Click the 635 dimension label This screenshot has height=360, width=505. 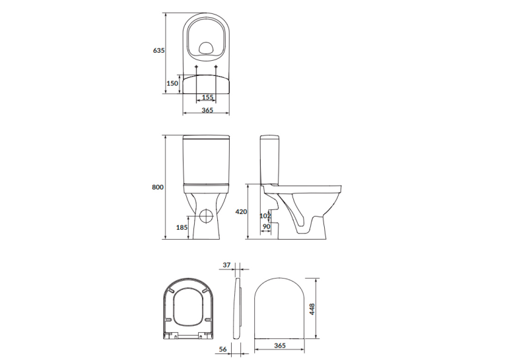(x=159, y=50)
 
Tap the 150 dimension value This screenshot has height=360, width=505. (x=172, y=83)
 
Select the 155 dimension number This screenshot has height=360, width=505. (x=207, y=97)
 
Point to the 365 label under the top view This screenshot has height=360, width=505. (x=207, y=110)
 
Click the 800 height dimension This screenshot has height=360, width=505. (x=158, y=187)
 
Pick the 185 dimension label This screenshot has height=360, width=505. (x=182, y=227)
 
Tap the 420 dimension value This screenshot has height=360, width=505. (x=241, y=212)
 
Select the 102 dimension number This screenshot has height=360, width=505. (x=265, y=215)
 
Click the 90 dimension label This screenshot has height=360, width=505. (x=266, y=227)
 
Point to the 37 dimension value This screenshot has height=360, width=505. (x=226, y=265)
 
